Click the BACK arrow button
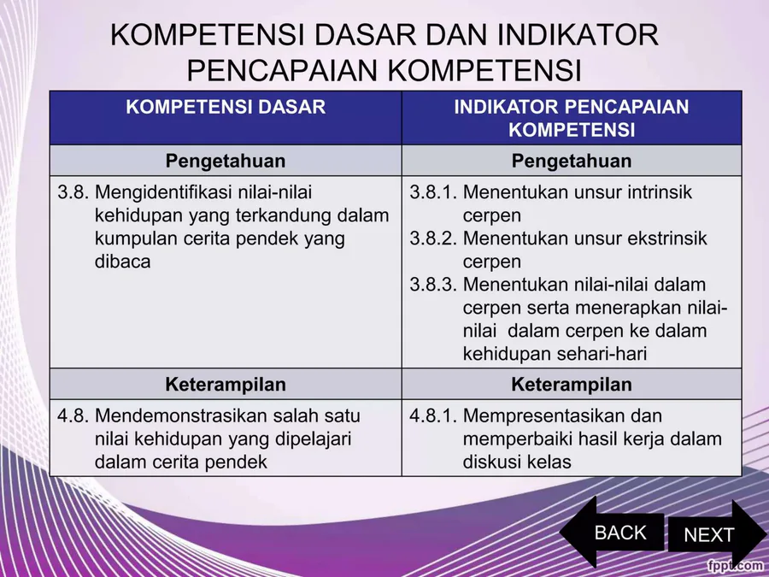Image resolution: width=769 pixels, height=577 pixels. pyautogui.click(x=612, y=533)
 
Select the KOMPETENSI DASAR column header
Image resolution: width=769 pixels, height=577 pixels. pyautogui.click(x=226, y=107)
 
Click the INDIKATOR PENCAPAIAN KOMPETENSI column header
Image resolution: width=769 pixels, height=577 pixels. pyautogui.click(x=572, y=118)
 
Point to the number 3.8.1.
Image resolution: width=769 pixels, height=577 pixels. pyautogui.click(x=433, y=191)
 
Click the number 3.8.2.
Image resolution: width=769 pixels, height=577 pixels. pyautogui.click(x=433, y=238)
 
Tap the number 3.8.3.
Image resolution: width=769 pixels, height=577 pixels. pyautogui.click(x=433, y=284)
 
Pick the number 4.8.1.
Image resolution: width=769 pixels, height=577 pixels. pyautogui.click(x=433, y=415)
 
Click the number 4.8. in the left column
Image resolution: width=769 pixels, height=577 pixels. pyautogui.click(x=73, y=415)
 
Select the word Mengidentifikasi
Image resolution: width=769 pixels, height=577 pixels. pyautogui.click(x=162, y=193)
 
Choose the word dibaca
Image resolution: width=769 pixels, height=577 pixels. pyautogui.click(x=122, y=261)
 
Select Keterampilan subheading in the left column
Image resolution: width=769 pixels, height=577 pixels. pyautogui.click(x=226, y=384)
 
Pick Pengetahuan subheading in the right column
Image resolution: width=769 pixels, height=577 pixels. pyautogui.click(x=572, y=162)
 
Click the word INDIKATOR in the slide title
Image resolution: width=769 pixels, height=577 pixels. pyautogui.click(x=578, y=34)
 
